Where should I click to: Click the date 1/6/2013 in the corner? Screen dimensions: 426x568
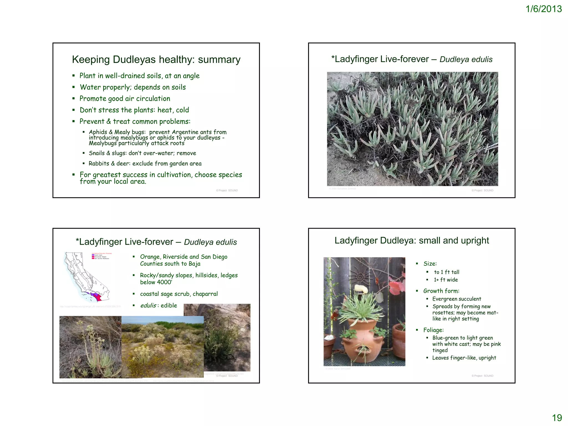(x=543, y=9)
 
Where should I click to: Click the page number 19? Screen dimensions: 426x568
(x=557, y=418)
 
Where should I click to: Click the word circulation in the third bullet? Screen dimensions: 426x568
(x=153, y=99)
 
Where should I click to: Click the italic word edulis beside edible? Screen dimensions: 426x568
(x=148, y=306)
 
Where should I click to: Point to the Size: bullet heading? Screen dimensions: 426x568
(x=430, y=264)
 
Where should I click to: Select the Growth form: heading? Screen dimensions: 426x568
(x=441, y=291)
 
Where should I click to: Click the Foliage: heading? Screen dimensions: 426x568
(x=433, y=330)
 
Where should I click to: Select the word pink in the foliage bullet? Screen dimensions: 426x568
(x=496, y=344)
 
